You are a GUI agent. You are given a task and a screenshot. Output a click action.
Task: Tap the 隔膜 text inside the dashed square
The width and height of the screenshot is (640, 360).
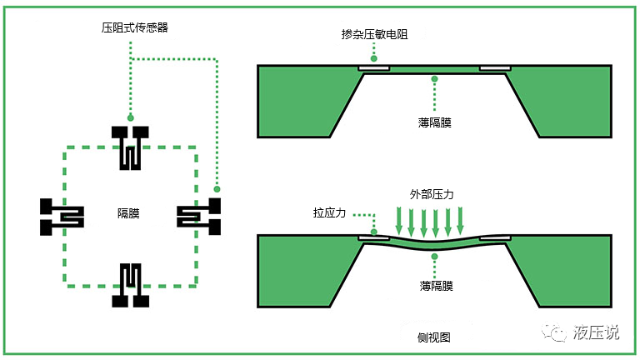tap(128, 214)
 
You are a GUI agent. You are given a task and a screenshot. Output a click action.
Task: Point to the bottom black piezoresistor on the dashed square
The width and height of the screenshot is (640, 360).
tap(129, 284)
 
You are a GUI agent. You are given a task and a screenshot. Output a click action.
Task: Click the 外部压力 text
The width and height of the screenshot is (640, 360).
tap(432, 193)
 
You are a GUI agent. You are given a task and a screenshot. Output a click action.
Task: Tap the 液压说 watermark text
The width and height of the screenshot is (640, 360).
tap(597, 332)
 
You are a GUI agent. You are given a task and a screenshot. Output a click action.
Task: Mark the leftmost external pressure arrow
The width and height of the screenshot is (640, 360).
tap(399, 221)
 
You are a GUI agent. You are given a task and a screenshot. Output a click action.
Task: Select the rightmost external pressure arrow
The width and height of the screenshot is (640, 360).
tap(462, 221)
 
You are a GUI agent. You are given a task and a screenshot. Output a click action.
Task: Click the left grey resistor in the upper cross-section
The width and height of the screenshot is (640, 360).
tap(374, 67)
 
